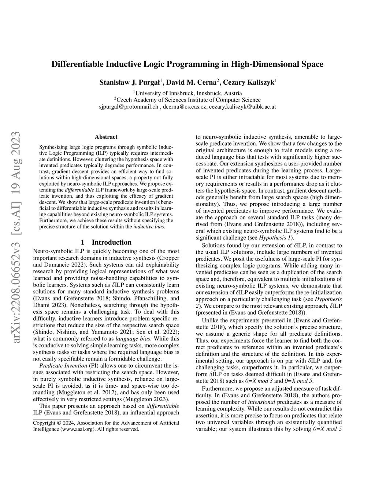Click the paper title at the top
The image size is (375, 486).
pos(187,65)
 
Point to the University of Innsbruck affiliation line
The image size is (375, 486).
pos(187,93)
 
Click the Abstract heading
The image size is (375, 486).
pos(106,137)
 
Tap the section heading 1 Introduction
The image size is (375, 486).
pos(106,242)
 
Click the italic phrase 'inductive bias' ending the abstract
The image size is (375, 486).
pos(149,227)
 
